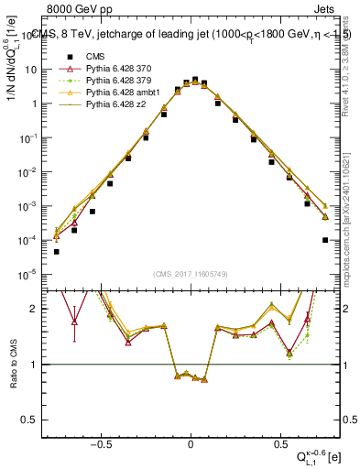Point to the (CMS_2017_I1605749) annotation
point(191,273)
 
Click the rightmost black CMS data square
point(325,240)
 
